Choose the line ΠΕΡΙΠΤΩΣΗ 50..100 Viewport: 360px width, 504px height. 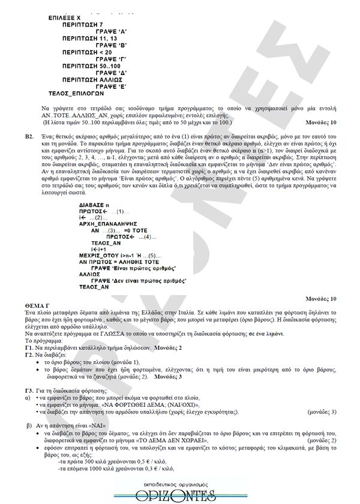pyautogui.click(x=94, y=66)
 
